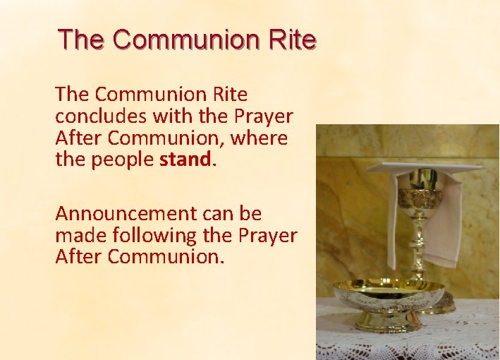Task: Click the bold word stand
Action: click(x=185, y=160)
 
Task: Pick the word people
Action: click(x=123, y=160)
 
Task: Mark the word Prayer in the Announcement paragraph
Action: click(x=267, y=235)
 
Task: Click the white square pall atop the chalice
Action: click(x=423, y=167)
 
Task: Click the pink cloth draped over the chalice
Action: click(x=444, y=219)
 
